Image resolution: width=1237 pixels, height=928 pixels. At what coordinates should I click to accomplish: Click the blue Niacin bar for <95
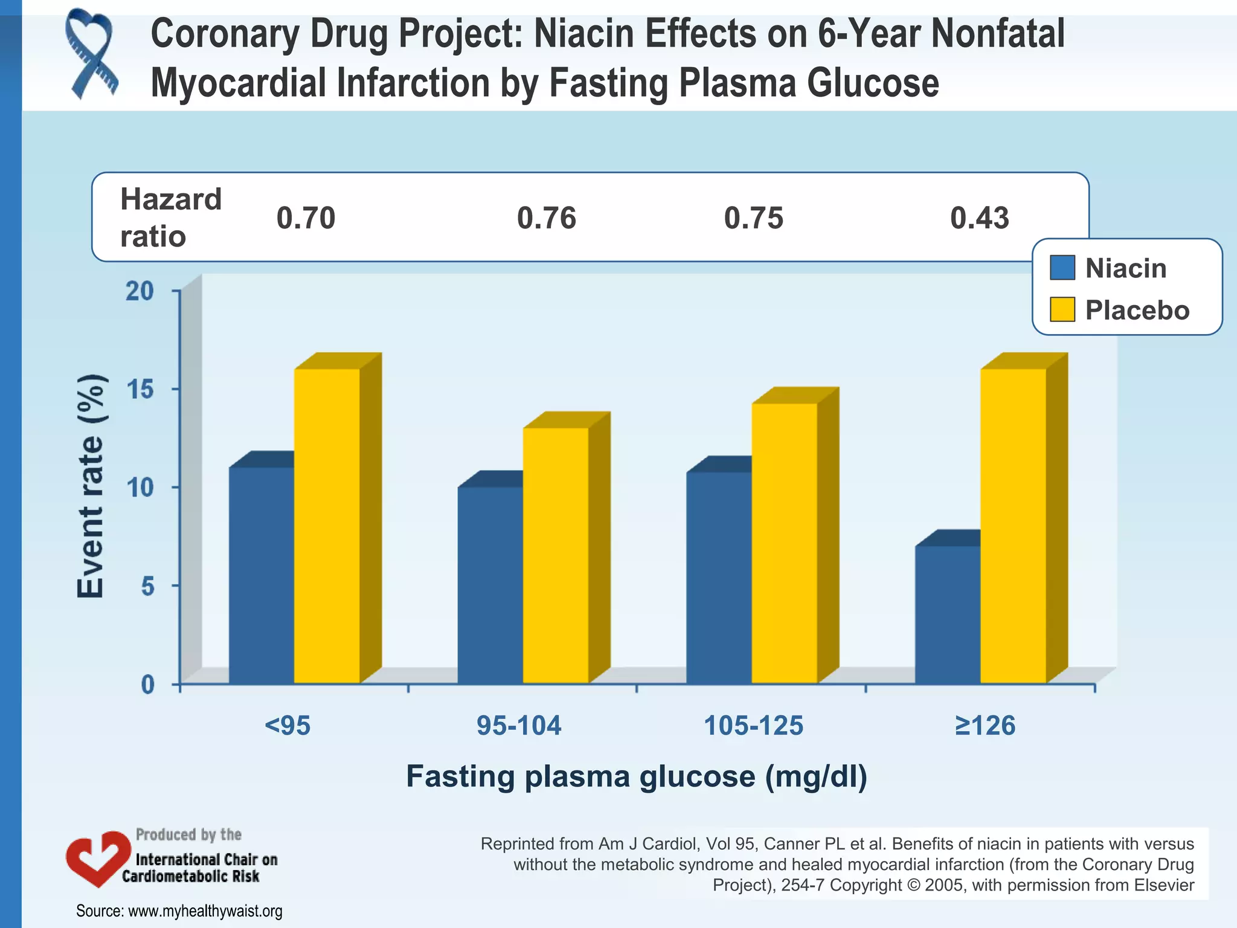[x=262, y=574]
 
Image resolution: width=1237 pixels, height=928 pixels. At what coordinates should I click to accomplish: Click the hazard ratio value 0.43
[x=980, y=218]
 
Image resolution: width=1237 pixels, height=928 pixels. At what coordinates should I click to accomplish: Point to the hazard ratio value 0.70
[x=306, y=218]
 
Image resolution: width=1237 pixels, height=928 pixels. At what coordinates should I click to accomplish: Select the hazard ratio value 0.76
[x=547, y=218]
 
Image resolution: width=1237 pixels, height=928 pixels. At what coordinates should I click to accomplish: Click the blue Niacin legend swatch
[x=1062, y=268]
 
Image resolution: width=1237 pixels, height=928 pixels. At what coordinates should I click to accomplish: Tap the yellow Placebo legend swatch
[x=1062, y=309]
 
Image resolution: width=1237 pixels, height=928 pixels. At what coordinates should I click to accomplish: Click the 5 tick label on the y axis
[x=148, y=586]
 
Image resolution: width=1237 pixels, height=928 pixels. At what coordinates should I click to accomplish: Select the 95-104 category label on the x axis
[x=519, y=726]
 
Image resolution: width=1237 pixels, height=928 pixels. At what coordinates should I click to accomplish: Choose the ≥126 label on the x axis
[x=985, y=726]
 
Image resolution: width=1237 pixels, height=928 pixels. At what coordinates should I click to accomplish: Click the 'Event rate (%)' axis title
[x=92, y=486]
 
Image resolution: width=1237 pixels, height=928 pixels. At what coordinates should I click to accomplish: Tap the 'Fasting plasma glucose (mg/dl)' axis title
[x=637, y=777]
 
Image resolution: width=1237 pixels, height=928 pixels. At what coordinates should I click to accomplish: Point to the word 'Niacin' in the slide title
[x=583, y=34]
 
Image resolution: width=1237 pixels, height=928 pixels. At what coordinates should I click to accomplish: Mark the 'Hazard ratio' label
[x=171, y=217]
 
